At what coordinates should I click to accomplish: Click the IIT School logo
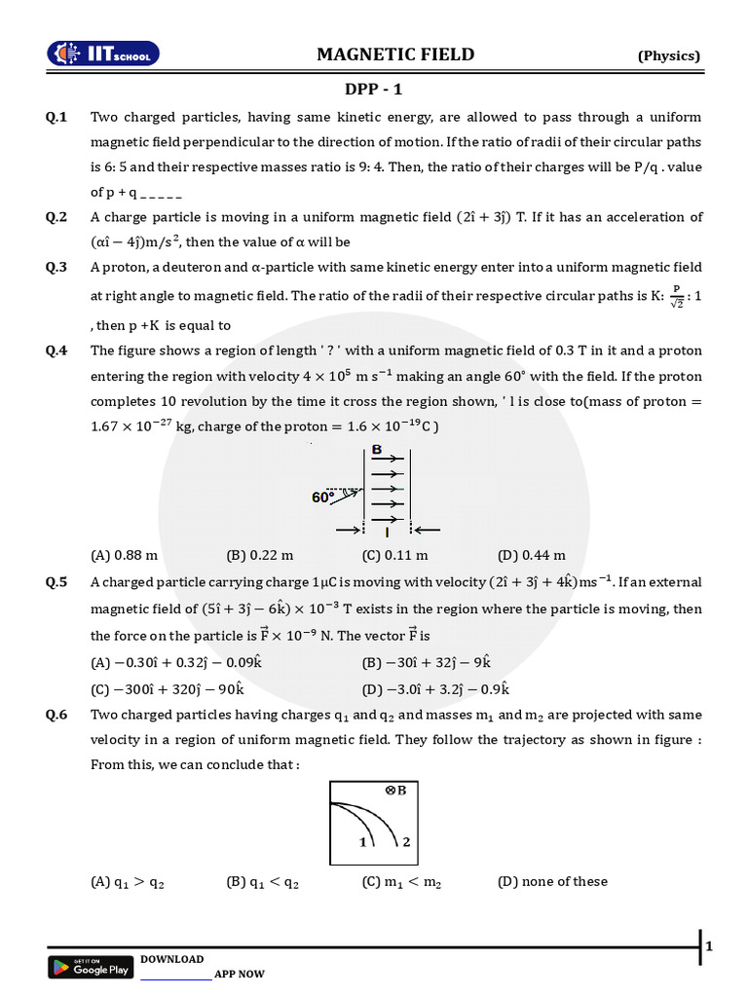[x=105, y=55]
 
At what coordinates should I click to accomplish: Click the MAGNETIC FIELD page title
[x=395, y=55]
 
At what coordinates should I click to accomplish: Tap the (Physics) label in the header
[x=669, y=55]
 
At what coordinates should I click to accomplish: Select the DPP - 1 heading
[x=374, y=90]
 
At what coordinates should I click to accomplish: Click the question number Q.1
[x=56, y=117]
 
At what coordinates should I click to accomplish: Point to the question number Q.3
[x=56, y=267]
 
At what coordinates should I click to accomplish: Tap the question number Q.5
[x=56, y=582]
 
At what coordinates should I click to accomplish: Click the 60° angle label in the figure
[x=322, y=497]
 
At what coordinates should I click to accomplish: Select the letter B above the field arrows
[x=376, y=451]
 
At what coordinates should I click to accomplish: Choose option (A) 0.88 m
[x=124, y=555]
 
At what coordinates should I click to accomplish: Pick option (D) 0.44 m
[x=531, y=555]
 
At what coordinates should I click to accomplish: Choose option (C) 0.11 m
[x=394, y=555]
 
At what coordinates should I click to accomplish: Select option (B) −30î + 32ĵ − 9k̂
[x=426, y=662]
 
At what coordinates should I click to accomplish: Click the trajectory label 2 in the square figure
[x=405, y=841]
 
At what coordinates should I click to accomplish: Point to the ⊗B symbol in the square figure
[x=394, y=791]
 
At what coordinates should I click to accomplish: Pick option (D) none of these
[x=552, y=881]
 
